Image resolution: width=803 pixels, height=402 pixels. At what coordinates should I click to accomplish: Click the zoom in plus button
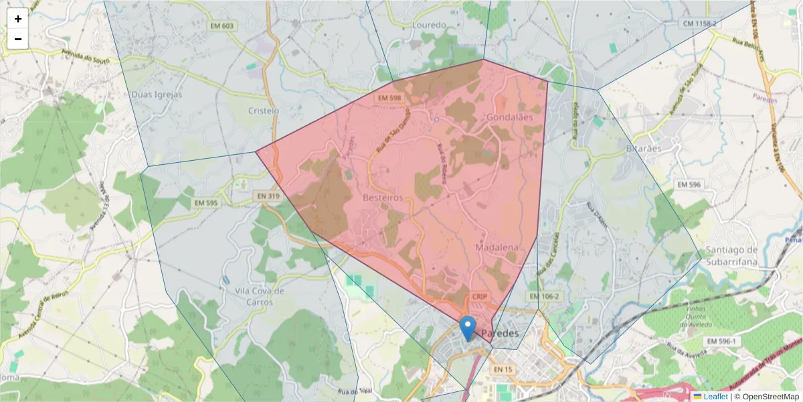(x=18, y=19)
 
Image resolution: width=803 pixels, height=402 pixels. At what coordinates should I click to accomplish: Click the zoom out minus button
(x=18, y=39)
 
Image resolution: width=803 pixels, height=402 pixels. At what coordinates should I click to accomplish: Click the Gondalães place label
(x=510, y=117)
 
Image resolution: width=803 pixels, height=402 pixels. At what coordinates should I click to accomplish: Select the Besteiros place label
(x=383, y=198)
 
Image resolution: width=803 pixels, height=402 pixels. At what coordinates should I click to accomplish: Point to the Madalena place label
(x=497, y=247)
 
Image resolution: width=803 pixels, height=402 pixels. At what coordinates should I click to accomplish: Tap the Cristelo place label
(x=263, y=111)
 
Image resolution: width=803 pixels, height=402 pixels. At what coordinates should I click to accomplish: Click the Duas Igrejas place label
(x=157, y=94)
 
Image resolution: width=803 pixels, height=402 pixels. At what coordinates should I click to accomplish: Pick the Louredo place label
(x=430, y=25)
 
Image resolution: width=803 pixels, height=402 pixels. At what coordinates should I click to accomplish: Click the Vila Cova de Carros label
(x=260, y=297)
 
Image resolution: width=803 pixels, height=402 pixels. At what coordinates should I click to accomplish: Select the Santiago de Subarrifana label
(x=731, y=255)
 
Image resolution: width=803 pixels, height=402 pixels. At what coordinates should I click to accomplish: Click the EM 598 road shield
(x=389, y=98)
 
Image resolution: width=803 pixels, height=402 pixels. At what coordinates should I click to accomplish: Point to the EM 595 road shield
(x=206, y=202)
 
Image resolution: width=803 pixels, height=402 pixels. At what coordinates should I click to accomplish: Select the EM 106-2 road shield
(x=543, y=295)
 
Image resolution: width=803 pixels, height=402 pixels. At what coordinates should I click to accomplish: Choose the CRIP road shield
(x=480, y=296)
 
